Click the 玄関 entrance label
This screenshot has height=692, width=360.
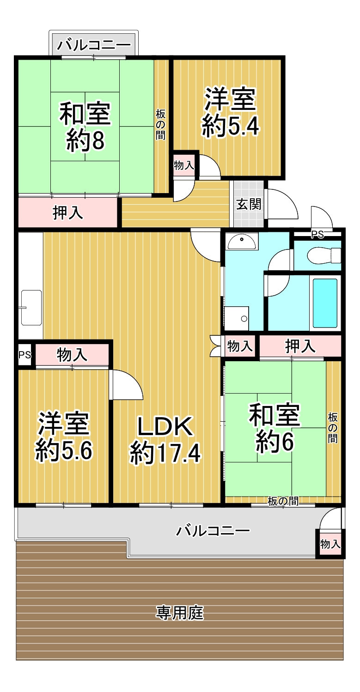click(249, 205)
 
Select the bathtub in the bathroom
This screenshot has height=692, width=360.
click(325, 303)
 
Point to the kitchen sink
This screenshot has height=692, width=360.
click(31, 307)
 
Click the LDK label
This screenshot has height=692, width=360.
click(165, 427)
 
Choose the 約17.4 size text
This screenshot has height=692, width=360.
click(165, 453)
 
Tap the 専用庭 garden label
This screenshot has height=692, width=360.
click(180, 613)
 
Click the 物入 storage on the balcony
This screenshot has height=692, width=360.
click(330, 543)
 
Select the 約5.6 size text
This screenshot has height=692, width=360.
click(64, 451)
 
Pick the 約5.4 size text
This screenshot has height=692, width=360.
click(230, 126)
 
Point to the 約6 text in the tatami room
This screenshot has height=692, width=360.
click(275, 443)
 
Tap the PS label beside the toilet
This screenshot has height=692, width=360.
click(317, 235)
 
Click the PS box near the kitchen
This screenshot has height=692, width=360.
click(25, 355)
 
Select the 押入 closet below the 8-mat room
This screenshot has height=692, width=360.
click(68, 213)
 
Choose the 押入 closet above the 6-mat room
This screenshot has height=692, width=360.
click(300, 346)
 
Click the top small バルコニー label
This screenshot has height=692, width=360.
click(94, 45)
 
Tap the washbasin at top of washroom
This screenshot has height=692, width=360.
click(242, 241)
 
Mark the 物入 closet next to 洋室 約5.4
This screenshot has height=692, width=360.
click(184, 165)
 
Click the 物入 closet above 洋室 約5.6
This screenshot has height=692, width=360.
click(72, 355)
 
